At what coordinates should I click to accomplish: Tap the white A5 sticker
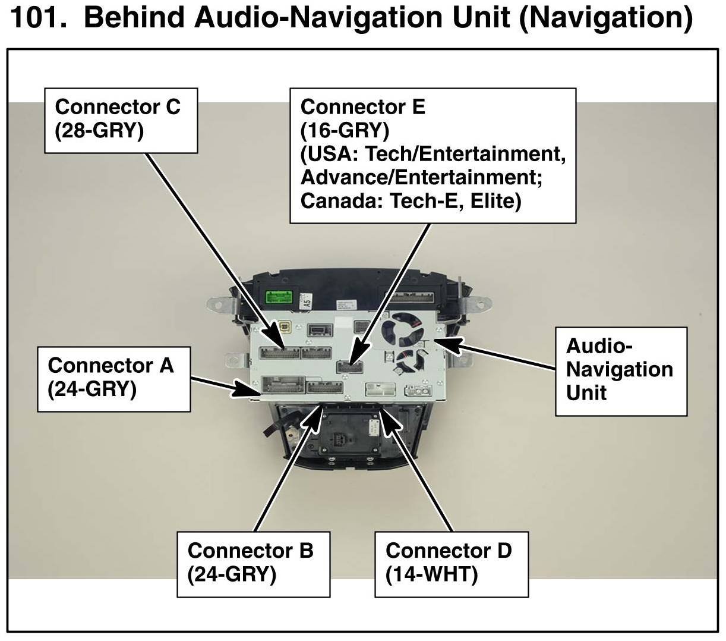point(307,299)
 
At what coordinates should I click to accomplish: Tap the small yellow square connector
point(286,328)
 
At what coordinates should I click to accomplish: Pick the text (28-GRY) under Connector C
point(99,130)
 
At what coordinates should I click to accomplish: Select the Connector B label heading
point(250,551)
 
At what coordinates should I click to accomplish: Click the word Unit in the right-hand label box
point(586,392)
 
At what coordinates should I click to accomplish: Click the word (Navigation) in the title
point(605,18)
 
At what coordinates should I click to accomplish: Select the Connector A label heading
point(111,365)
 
